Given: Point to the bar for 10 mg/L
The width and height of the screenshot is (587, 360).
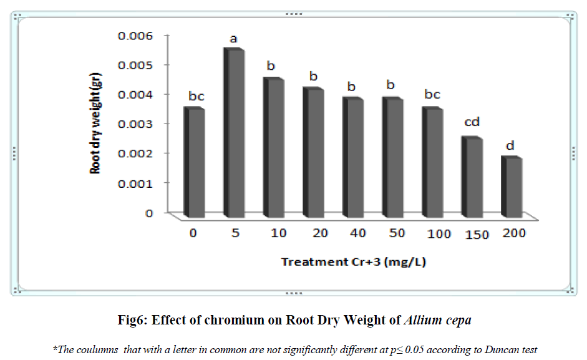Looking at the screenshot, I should [x=274, y=147].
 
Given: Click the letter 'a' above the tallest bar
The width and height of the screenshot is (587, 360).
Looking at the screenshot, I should [x=234, y=39].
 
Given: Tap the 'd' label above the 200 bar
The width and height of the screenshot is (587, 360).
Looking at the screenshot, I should [x=510, y=146].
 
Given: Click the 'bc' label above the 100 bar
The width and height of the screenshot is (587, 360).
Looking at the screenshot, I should [x=432, y=94].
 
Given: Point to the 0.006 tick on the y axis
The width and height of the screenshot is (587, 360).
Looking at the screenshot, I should [x=135, y=36].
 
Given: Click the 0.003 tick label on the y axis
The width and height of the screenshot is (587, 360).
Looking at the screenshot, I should [x=135, y=124].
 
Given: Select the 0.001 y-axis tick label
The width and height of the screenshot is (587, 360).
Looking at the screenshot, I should [x=135, y=183].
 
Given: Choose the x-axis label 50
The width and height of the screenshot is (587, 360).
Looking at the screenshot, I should [x=397, y=233].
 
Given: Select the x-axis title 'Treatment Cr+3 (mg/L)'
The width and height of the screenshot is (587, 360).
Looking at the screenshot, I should [x=354, y=262].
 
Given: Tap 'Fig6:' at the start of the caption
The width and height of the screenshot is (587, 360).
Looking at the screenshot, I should [x=132, y=321].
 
